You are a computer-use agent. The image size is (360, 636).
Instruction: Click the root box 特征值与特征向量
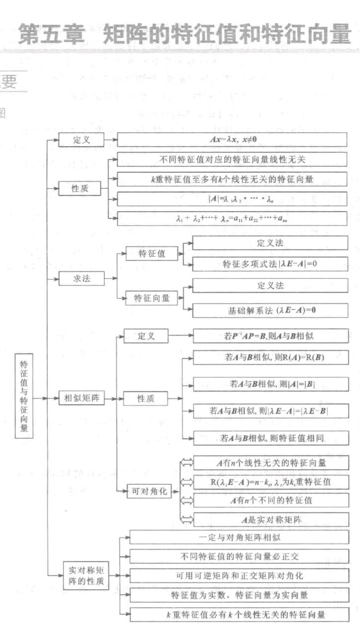click(24, 396)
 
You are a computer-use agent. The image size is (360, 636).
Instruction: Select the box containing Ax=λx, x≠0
click(232, 140)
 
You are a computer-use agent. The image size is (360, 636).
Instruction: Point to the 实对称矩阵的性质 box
click(87, 576)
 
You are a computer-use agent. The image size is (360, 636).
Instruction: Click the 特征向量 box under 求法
click(152, 298)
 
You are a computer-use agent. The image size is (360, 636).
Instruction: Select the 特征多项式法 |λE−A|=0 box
click(270, 264)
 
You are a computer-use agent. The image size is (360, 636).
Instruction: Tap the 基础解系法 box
click(270, 311)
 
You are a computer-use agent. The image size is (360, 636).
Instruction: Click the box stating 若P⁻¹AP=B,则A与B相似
click(270, 336)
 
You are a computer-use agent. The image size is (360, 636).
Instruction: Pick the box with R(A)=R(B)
click(270, 358)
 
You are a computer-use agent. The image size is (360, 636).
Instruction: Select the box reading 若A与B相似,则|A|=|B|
click(270, 384)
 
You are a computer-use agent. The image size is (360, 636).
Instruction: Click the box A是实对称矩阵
click(270, 520)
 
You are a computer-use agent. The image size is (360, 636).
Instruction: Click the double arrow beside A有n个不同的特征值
click(186, 500)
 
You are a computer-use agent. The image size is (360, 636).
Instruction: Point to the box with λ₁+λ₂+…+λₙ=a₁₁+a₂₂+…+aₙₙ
click(232, 218)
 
